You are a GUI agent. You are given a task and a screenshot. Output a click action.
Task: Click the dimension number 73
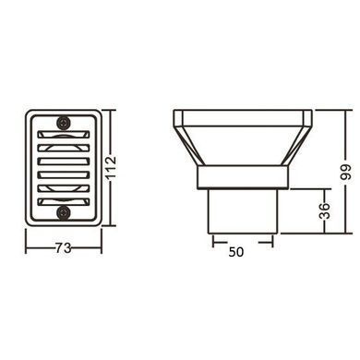click(x=64, y=247)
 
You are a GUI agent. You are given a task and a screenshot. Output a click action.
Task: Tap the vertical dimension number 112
click(x=111, y=167)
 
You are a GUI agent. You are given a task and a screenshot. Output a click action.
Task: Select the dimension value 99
click(x=346, y=173)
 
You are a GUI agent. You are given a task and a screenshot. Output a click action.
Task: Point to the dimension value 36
click(x=324, y=210)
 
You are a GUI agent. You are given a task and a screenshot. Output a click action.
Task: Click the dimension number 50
click(x=236, y=252)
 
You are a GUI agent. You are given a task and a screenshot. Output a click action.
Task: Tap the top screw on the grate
click(x=64, y=123)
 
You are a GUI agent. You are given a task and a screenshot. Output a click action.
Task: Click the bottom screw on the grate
click(x=64, y=212)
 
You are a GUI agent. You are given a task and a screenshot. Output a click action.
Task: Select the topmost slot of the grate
click(x=64, y=135)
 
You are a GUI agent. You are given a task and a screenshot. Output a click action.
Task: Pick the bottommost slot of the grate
click(x=64, y=201)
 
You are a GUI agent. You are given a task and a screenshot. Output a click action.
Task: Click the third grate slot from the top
click(x=64, y=162)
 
